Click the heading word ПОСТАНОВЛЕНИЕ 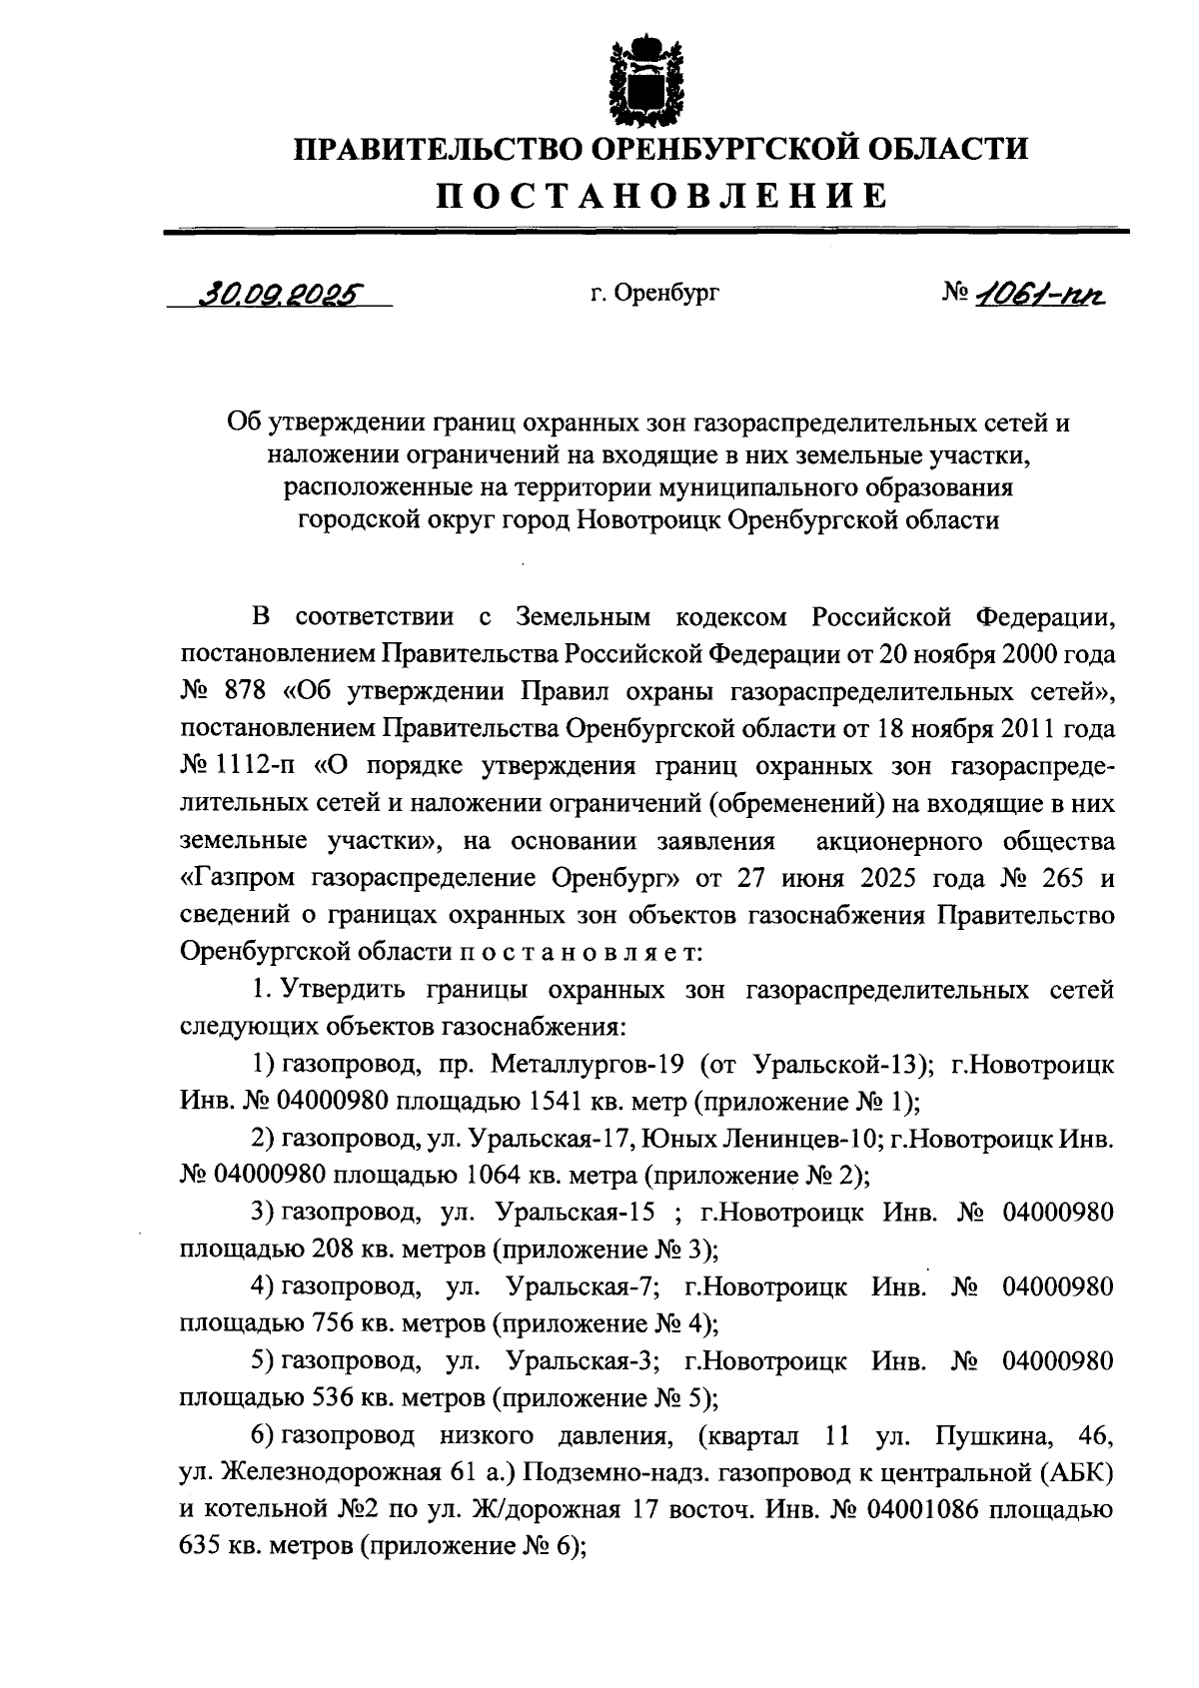tap(660, 196)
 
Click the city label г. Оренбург tap(654, 294)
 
